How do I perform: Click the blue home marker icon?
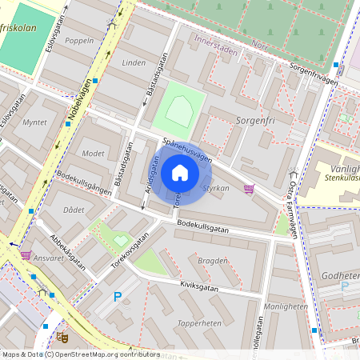[x=180, y=173]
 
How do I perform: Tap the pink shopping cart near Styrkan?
[x=249, y=190]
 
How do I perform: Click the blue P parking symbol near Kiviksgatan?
[x=118, y=297]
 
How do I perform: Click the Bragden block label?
[x=212, y=261]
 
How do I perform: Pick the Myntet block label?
[x=35, y=122]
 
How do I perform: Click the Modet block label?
[x=94, y=153]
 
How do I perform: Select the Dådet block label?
[x=73, y=209]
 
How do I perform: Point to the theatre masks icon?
[x=62, y=338]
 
